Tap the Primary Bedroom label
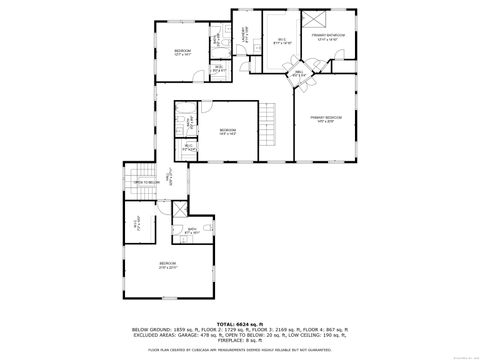pos(325,118)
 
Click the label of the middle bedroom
pos(228,131)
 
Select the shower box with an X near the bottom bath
pos(178,210)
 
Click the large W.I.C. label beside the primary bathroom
pos(281,43)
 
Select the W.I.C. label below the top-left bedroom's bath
pos(219,68)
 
